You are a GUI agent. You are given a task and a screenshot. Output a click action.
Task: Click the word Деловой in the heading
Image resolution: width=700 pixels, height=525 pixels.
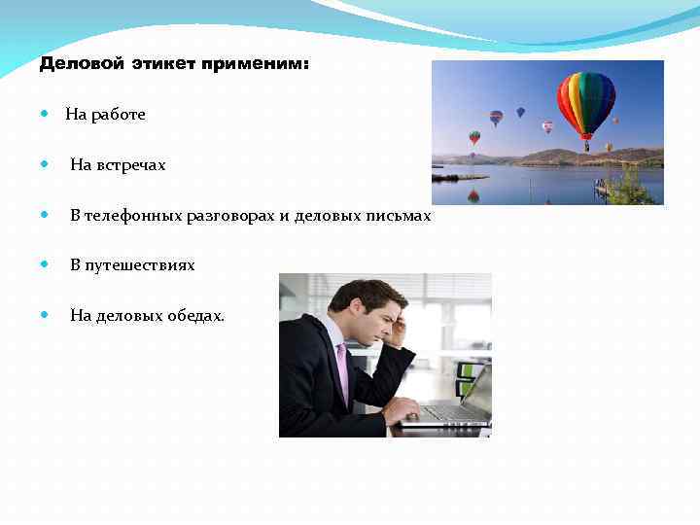point(82,64)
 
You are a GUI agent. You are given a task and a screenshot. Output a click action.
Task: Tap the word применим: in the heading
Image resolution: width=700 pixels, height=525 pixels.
point(254,64)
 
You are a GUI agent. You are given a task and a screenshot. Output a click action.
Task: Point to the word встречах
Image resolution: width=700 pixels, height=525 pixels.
point(131,165)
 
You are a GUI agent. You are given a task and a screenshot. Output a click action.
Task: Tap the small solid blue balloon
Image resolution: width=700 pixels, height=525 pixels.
point(520,112)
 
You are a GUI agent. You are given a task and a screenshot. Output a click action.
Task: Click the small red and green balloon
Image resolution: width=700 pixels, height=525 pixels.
point(474,137)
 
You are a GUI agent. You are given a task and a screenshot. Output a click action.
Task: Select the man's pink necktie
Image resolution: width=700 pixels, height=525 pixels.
point(342,370)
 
